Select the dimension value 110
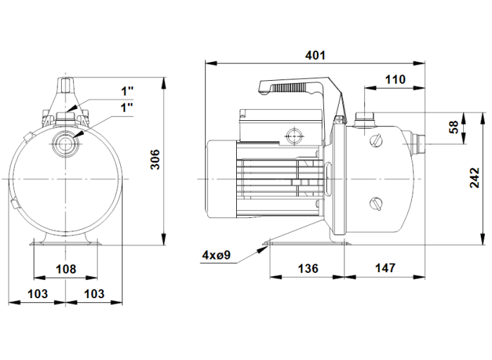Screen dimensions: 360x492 [x=395, y=79]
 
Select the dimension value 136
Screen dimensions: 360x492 [x=308, y=268]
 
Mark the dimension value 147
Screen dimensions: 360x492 [x=385, y=268]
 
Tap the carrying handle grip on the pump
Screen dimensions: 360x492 [x=288, y=87]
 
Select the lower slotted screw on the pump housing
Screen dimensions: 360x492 [x=375, y=205]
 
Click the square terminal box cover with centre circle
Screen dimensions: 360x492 [x=293, y=134]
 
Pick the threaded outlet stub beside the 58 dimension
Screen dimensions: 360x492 [x=417, y=143]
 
